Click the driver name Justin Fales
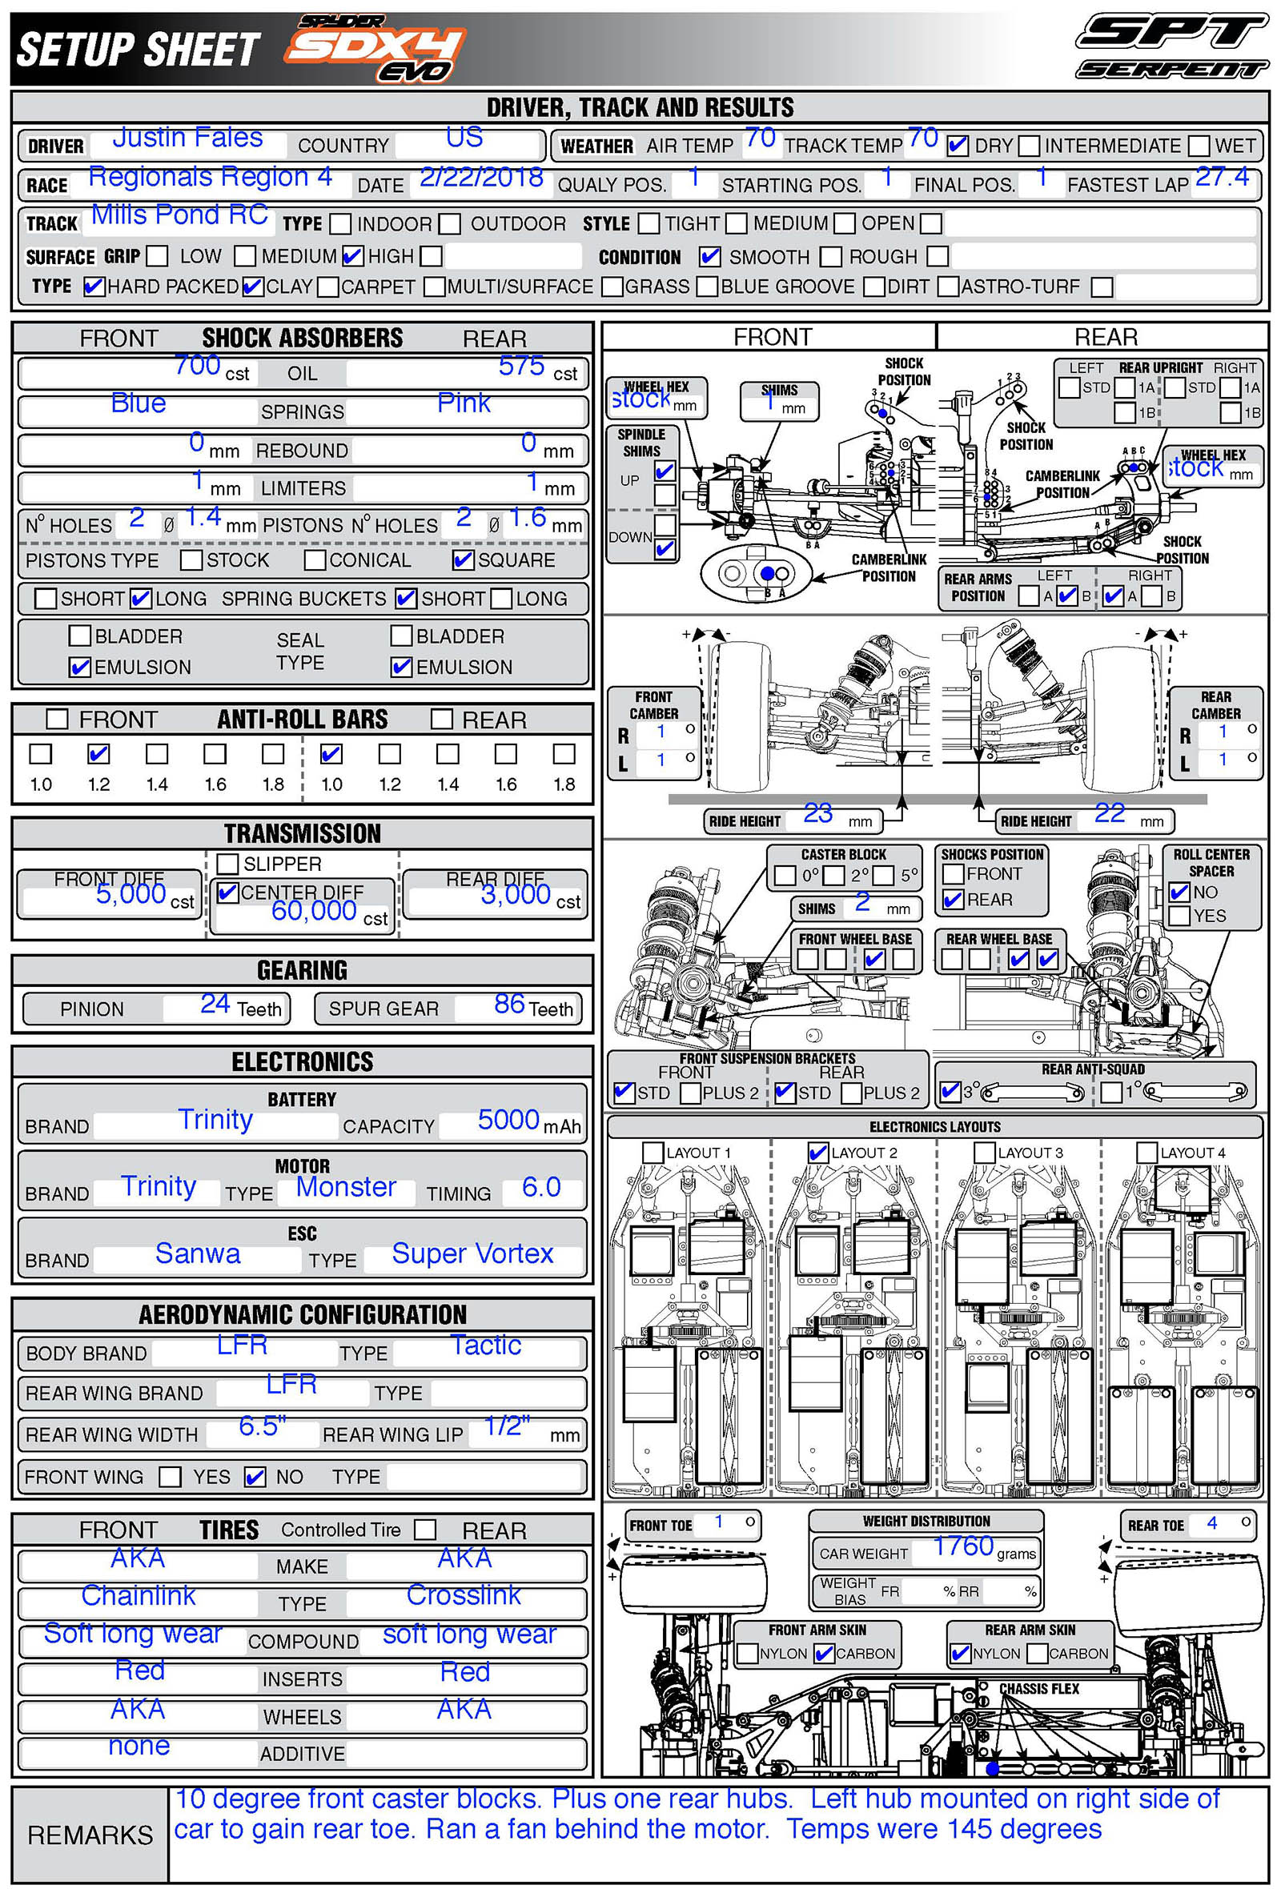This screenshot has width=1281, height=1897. [187, 137]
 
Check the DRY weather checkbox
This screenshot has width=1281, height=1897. [957, 146]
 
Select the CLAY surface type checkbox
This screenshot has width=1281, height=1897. [252, 287]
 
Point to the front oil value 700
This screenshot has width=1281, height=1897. [198, 365]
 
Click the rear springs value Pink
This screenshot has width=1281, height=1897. [464, 403]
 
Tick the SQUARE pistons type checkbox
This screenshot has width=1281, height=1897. [463, 560]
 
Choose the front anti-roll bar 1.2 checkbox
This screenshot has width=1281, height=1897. [98, 753]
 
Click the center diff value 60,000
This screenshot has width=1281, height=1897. [314, 910]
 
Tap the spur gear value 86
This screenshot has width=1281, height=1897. [509, 1003]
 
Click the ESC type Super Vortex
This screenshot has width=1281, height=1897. [472, 1253]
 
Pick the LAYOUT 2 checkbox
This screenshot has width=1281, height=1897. [817, 1152]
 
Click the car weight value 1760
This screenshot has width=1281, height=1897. [962, 1546]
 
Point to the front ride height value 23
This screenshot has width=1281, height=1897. [817, 813]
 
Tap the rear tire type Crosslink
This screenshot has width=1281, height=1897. [463, 1594]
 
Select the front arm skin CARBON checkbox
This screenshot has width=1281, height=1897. [824, 1653]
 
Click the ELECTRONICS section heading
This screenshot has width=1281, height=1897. [302, 1061]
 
